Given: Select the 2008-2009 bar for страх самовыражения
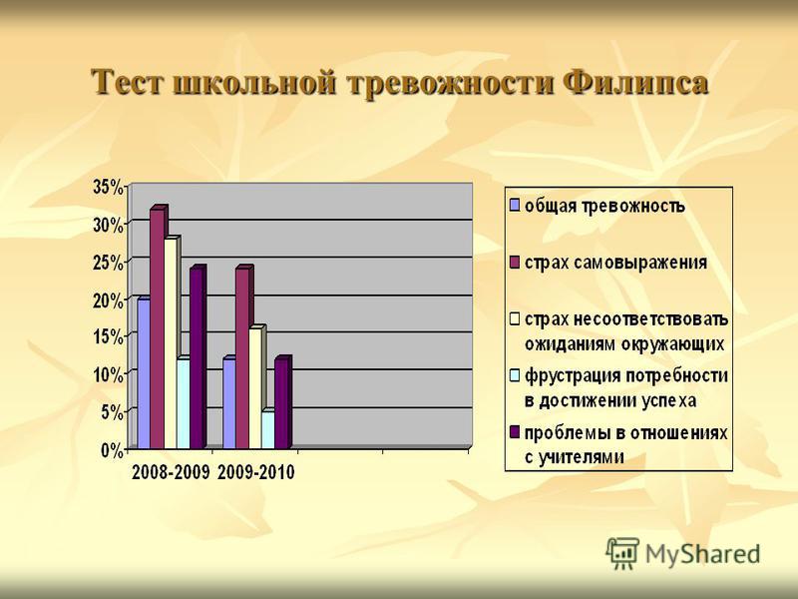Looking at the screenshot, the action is click(x=158, y=327).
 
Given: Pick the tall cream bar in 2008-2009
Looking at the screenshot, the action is click(x=171, y=342).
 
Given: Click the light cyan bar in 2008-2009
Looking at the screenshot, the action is click(x=184, y=403).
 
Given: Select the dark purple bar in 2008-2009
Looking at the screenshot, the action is click(x=197, y=357).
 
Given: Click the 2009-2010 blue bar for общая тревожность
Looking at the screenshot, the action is click(x=229, y=403).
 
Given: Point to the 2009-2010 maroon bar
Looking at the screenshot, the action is click(x=243, y=357).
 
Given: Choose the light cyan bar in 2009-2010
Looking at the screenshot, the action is click(x=268, y=429).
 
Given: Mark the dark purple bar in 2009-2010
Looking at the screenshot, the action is click(x=282, y=402).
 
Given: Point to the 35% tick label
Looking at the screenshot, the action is click(x=108, y=187).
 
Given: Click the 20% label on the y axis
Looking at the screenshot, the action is click(x=108, y=300).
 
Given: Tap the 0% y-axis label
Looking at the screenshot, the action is click(x=112, y=451).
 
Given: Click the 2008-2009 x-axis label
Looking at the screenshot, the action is click(x=171, y=472).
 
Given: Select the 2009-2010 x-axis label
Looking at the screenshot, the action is click(x=256, y=472).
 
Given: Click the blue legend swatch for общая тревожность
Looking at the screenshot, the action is click(x=515, y=206).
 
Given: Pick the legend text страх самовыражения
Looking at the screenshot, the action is click(x=615, y=263).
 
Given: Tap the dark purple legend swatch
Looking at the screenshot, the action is click(x=515, y=432).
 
